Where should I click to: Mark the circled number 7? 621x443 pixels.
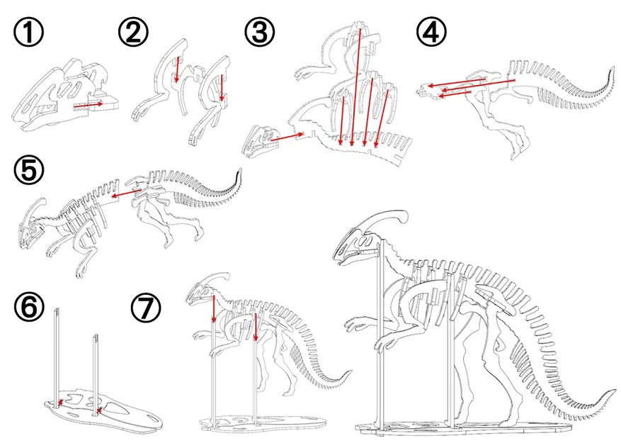coord(145,308)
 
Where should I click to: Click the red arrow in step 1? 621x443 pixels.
coord(89,104)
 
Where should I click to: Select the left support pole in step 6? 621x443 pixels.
coord(57,354)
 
